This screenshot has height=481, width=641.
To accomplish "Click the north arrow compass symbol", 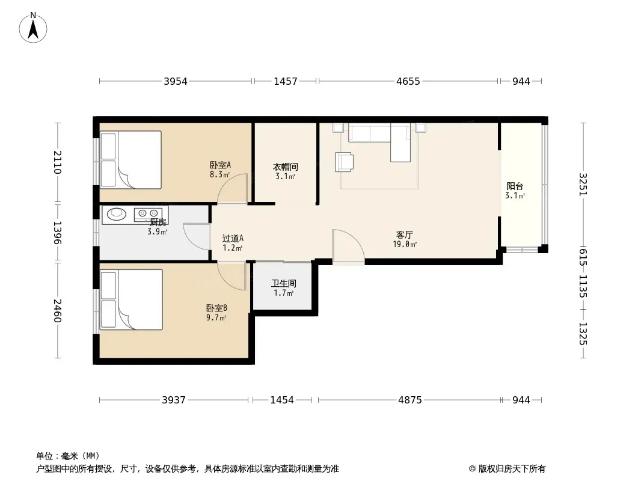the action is tap(33, 27).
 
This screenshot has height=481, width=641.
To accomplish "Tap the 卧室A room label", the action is tap(220, 165).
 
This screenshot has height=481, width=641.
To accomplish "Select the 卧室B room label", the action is tap(216, 308).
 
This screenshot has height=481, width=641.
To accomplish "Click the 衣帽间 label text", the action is tap(286, 167).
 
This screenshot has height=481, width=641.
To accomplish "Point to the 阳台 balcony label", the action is tap(515, 186).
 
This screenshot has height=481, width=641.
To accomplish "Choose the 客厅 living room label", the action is tap(404, 234).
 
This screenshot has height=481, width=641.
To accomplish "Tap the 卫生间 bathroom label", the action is tap(284, 283).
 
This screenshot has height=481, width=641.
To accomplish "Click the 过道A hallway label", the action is tap(233, 238).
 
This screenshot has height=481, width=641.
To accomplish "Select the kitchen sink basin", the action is tap(117, 213).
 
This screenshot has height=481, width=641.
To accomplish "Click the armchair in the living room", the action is tap(344, 162).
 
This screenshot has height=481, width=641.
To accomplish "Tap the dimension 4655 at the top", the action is tap(408, 81).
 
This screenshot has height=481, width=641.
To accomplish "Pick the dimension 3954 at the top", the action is tap(176, 81).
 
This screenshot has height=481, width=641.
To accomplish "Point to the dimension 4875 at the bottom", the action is tap(410, 400).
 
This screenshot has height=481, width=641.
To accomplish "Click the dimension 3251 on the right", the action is tap(583, 185).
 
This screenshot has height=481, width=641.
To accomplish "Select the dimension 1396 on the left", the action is tap(57, 233).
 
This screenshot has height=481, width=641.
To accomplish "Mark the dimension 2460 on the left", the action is tap(57, 311).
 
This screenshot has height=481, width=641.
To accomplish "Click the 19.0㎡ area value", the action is tap(405, 245).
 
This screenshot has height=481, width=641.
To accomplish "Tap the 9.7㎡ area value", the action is tap(216, 317).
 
